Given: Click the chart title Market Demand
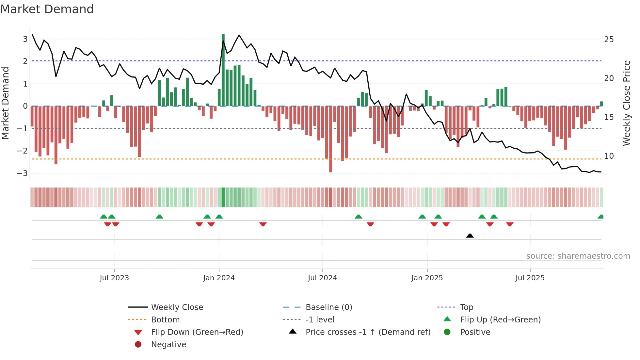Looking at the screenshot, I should point(47,9).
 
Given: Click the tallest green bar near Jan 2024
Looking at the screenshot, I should point(223,70).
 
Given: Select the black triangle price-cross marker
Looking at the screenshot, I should point(470,236).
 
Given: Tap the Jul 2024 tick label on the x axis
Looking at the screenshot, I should point(322,278).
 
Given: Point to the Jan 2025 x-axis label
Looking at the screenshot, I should point(427,278).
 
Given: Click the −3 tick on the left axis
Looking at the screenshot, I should point(23,173).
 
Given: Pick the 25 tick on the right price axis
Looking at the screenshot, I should point(609,40).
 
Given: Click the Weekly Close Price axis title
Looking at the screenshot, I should point(626,103).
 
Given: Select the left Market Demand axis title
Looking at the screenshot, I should point(6,103).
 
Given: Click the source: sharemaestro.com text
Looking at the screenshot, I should point(578,256).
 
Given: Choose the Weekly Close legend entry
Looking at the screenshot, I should point(177,307).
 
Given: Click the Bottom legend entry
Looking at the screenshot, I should point(165,319).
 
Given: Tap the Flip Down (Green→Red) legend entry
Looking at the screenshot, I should point(197,332).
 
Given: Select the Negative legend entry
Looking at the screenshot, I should point(168,344).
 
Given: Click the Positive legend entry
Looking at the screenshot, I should point(475,332).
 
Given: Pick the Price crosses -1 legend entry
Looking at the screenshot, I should point(368,332).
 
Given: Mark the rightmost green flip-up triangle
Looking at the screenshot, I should point(600,217).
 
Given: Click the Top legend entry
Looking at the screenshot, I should point(467,307).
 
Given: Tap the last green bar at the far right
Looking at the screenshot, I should point(601,104).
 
